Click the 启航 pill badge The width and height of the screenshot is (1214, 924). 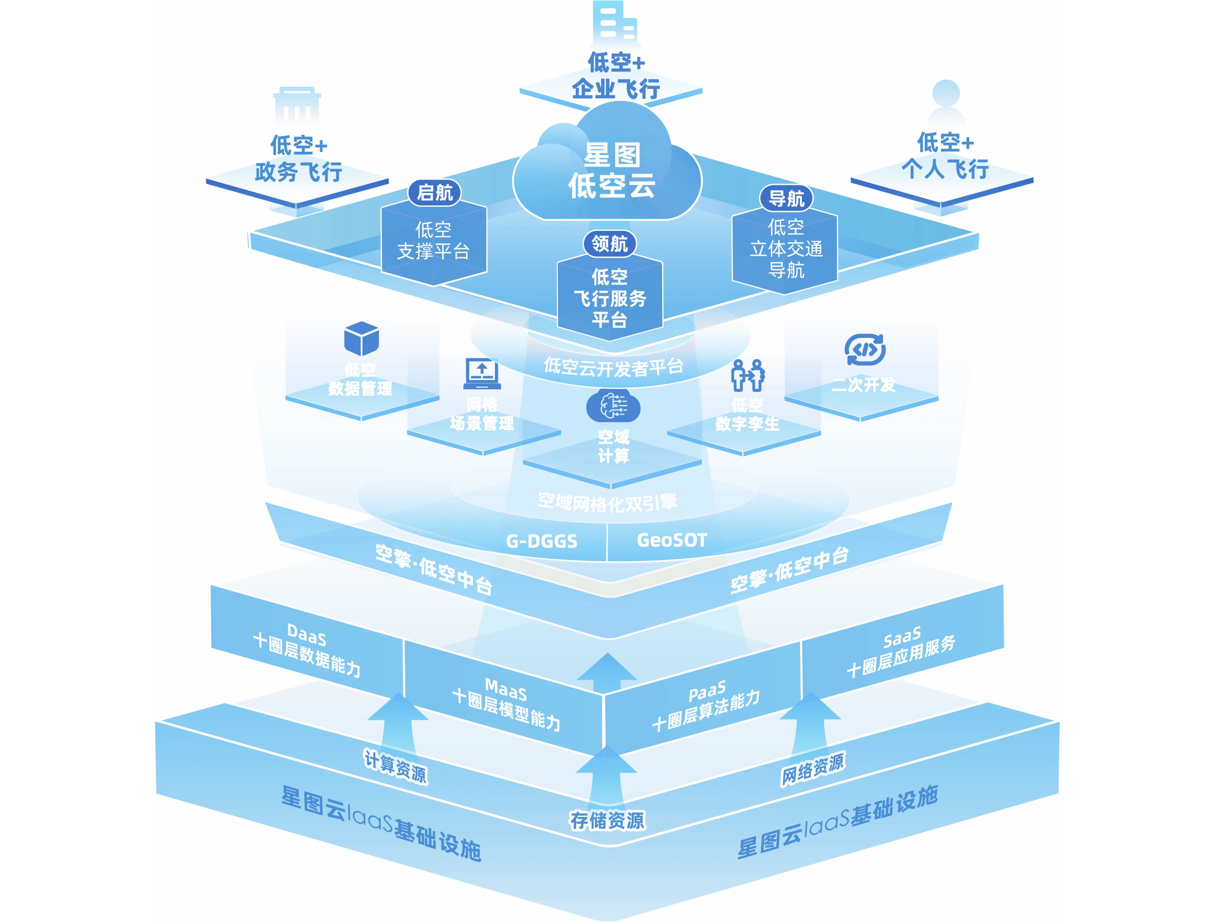pos(434,193)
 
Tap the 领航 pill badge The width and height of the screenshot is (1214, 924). pos(609,243)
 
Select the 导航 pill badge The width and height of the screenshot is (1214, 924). pos(786,198)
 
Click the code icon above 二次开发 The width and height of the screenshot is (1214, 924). pos(865,349)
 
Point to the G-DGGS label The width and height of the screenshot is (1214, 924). pos(542,541)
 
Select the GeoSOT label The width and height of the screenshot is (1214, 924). pos(671,540)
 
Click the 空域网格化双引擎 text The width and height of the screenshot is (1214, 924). pos(607,501)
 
